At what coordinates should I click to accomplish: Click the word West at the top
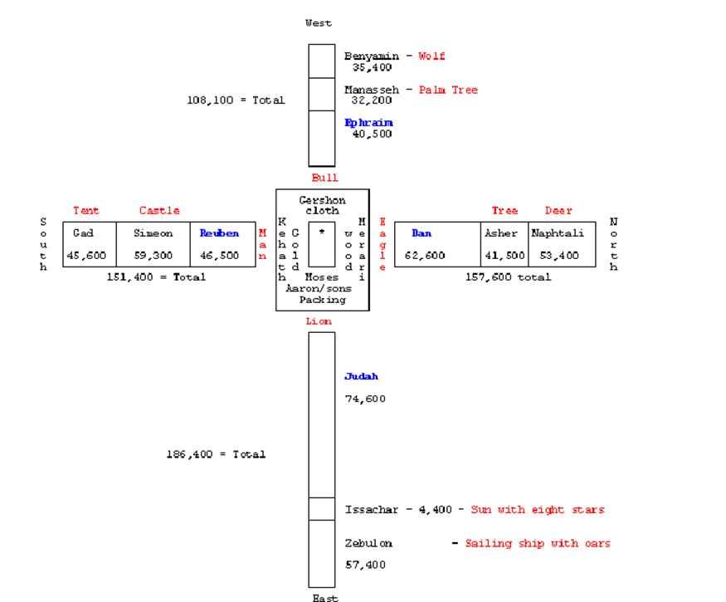(319, 23)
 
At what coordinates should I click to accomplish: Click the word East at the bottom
(324, 597)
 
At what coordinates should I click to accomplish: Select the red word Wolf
(431, 56)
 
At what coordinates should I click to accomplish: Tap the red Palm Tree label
(448, 90)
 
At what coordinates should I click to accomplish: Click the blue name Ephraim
(368, 123)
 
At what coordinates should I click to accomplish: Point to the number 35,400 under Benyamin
(372, 67)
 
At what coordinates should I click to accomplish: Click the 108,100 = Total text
(236, 100)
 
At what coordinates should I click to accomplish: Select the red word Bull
(324, 178)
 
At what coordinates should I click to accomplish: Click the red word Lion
(319, 321)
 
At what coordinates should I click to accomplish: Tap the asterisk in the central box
(322, 233)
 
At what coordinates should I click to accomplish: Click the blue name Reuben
(219, 233)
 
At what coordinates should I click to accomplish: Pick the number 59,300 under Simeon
(153, 256)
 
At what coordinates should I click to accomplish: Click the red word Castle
(159, 211)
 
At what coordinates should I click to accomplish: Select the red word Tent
(86, 211)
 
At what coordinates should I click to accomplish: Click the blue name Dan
(421, 233)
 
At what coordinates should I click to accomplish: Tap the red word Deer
(558, 211)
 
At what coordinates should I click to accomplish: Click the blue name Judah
(361, 376)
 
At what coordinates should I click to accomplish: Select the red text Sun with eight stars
(538, 510)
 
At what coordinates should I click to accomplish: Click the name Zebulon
(368, 543)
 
